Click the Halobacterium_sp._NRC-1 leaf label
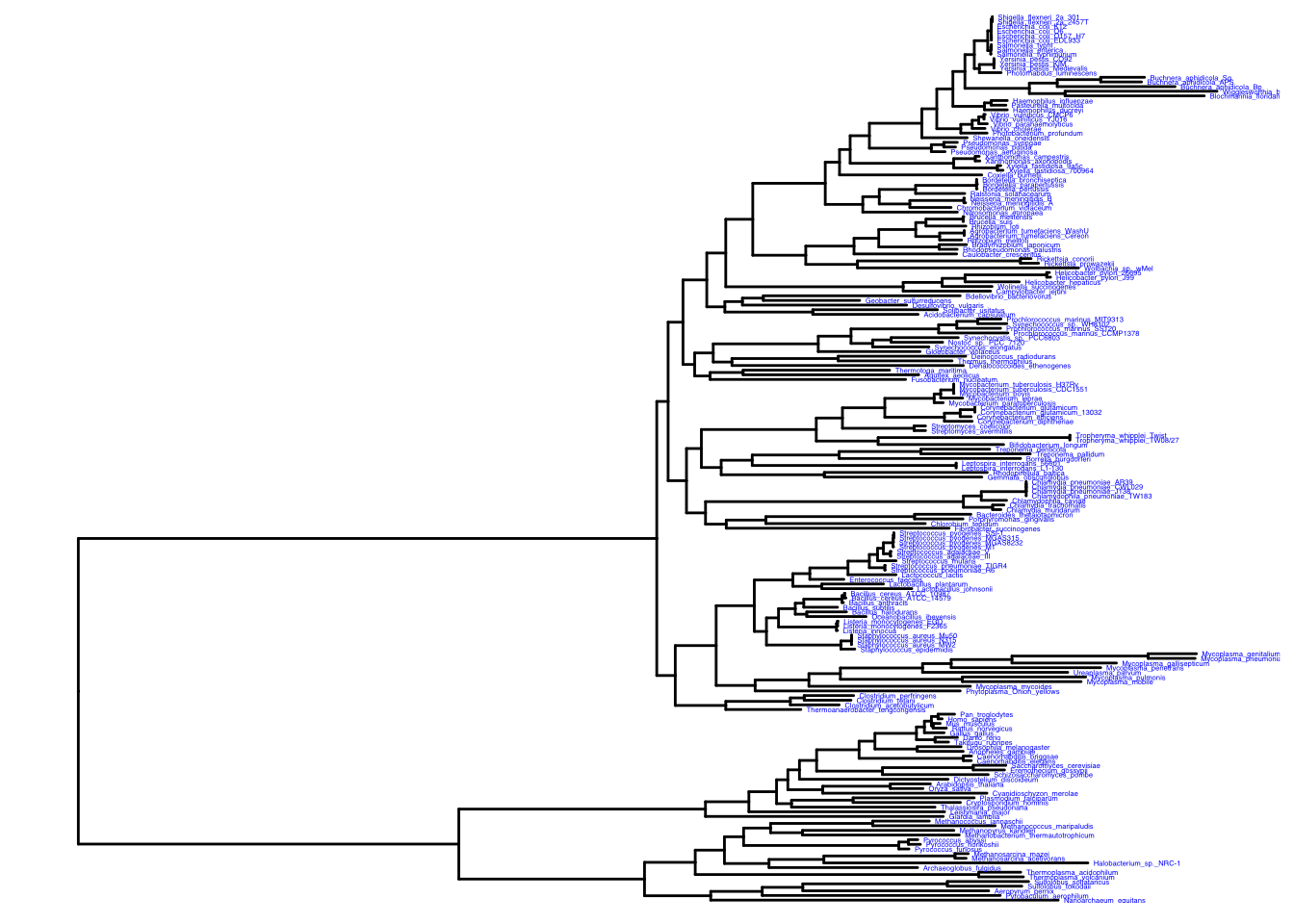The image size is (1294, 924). [1136, 863]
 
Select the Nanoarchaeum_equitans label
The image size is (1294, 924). [1104, 901]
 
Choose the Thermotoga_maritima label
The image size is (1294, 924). [931, 371]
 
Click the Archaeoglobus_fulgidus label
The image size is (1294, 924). [962, 868]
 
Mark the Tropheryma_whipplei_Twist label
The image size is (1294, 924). [1121, 436]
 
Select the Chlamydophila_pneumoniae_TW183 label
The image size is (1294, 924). [1092, 497]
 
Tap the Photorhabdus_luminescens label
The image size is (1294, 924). [1051, 73]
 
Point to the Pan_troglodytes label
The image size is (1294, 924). [986, 715]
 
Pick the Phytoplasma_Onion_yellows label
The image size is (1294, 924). [1012, 692]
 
